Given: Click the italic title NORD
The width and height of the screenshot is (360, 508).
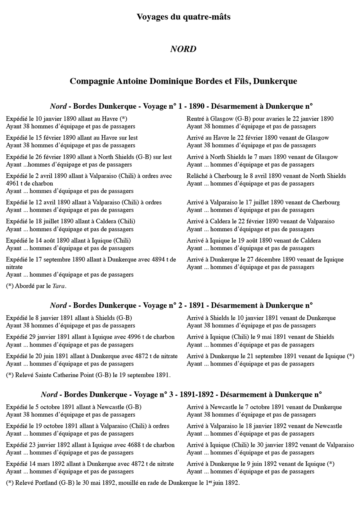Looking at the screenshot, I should pos(183,49).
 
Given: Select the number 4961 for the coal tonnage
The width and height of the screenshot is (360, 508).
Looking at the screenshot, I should pos(13,183).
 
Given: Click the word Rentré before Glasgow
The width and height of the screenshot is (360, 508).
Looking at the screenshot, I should pos(197,119).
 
